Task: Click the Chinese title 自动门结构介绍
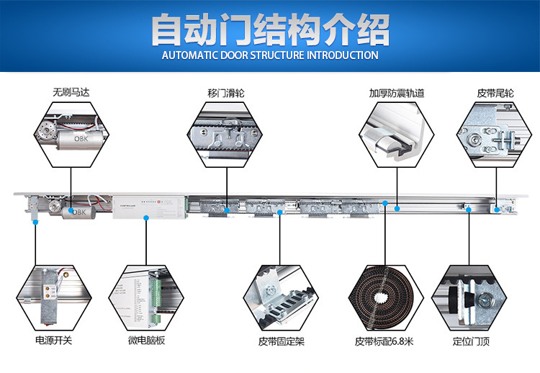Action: tap(270, 30)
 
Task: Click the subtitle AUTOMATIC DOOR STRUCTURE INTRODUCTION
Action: tap(270, 55)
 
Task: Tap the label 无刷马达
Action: tap(71, 93)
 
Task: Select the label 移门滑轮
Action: tap(226, 93)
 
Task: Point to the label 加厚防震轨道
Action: tap(396, 93)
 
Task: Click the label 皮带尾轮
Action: tap(495, 93)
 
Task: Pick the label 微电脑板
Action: tap(146, 340)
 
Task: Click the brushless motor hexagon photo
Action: tap(71, 133)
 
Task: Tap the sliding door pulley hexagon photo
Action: tap(226, 133)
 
